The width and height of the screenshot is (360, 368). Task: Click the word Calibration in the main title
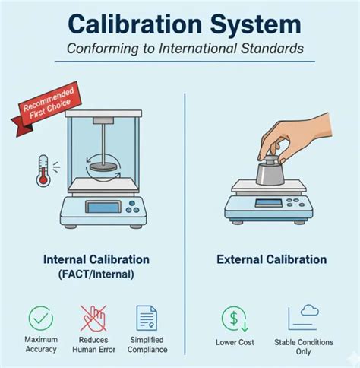tap(135, 24)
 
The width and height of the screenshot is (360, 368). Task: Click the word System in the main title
tap(256, 25)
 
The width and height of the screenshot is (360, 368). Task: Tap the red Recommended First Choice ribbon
tap(47, 106)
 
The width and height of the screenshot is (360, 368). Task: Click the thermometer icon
tap(43, 171)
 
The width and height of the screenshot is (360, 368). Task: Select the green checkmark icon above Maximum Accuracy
tap(41, 319)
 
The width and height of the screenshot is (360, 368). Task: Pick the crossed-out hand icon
tap(93, 319)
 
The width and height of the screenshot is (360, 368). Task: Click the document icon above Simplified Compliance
tap(147, 318)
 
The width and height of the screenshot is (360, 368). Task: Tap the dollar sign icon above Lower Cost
tap(235, 319)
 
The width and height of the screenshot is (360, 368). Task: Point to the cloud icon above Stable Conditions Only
tap(310, 310)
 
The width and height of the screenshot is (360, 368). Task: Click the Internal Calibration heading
tap(96, 259)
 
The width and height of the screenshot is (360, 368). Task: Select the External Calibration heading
tap(272, 259)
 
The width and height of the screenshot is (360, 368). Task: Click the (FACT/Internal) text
tap(96, 274)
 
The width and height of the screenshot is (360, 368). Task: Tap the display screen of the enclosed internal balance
tap(103, 207)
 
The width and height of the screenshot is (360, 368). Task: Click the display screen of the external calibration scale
tap(268, 203)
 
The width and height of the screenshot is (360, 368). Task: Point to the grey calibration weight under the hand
tap(270, 171)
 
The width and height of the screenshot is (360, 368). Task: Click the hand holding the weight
tap(296, 138)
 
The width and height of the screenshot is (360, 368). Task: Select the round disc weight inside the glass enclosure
tap(103, 167)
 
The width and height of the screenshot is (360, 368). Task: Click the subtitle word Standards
tap(272, 48)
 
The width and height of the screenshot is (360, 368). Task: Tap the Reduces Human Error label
tap(93, 344)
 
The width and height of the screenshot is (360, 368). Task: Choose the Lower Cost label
tap(235, 342)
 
